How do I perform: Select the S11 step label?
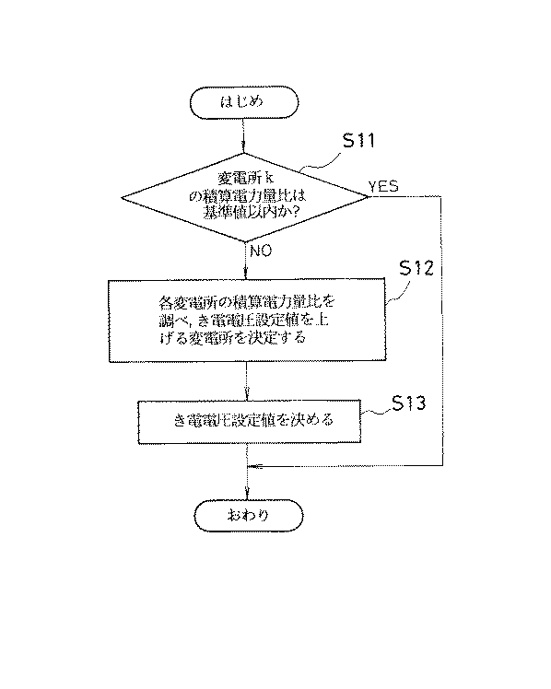[359, 141]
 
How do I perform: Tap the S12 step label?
[416, 268]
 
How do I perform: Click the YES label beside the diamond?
[383, 187]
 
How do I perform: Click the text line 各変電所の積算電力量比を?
[244, 302]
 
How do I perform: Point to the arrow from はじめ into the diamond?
[245, 135]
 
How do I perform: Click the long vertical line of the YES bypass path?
[443, 332]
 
